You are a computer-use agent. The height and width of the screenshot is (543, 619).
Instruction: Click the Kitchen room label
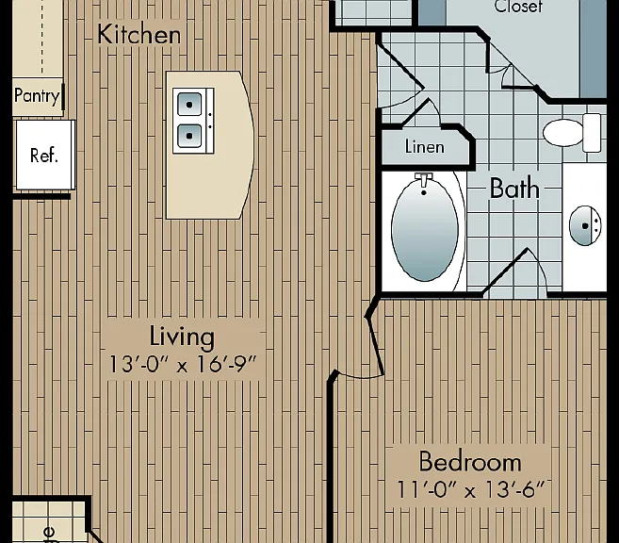[138, 34]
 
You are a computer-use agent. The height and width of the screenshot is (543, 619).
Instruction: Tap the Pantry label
[37, 95]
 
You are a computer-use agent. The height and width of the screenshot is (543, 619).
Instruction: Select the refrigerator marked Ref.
[45, 155]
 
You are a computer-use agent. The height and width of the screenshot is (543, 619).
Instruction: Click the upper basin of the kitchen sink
[189, 105]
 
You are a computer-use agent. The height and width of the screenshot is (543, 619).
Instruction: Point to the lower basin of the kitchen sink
[189, 136]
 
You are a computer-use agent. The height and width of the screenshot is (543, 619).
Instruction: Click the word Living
[182, 337]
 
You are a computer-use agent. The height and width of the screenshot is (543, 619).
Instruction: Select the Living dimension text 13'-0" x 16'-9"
[183, 364]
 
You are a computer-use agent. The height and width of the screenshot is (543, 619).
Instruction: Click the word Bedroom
[470, 461]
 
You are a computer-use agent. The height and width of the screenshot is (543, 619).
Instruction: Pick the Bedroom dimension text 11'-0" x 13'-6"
[470, 489]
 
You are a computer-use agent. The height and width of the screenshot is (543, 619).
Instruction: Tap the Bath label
[514, 188]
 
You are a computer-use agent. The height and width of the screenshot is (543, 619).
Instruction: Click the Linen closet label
[425, 147]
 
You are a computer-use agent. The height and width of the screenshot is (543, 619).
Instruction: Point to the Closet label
[518, 7]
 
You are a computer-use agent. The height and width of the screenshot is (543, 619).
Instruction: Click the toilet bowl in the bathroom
[563, 133]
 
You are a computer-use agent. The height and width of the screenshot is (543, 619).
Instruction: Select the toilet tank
[592, 133]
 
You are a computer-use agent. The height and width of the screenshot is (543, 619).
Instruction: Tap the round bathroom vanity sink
[585, 225]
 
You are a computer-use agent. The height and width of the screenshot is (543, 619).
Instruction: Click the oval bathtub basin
[425, 229]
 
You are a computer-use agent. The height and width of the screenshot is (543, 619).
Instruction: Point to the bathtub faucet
[424, 180]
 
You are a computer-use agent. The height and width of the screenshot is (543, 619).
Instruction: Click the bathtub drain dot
[424, 192]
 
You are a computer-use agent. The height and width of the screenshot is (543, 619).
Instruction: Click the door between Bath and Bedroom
[513, 271]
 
